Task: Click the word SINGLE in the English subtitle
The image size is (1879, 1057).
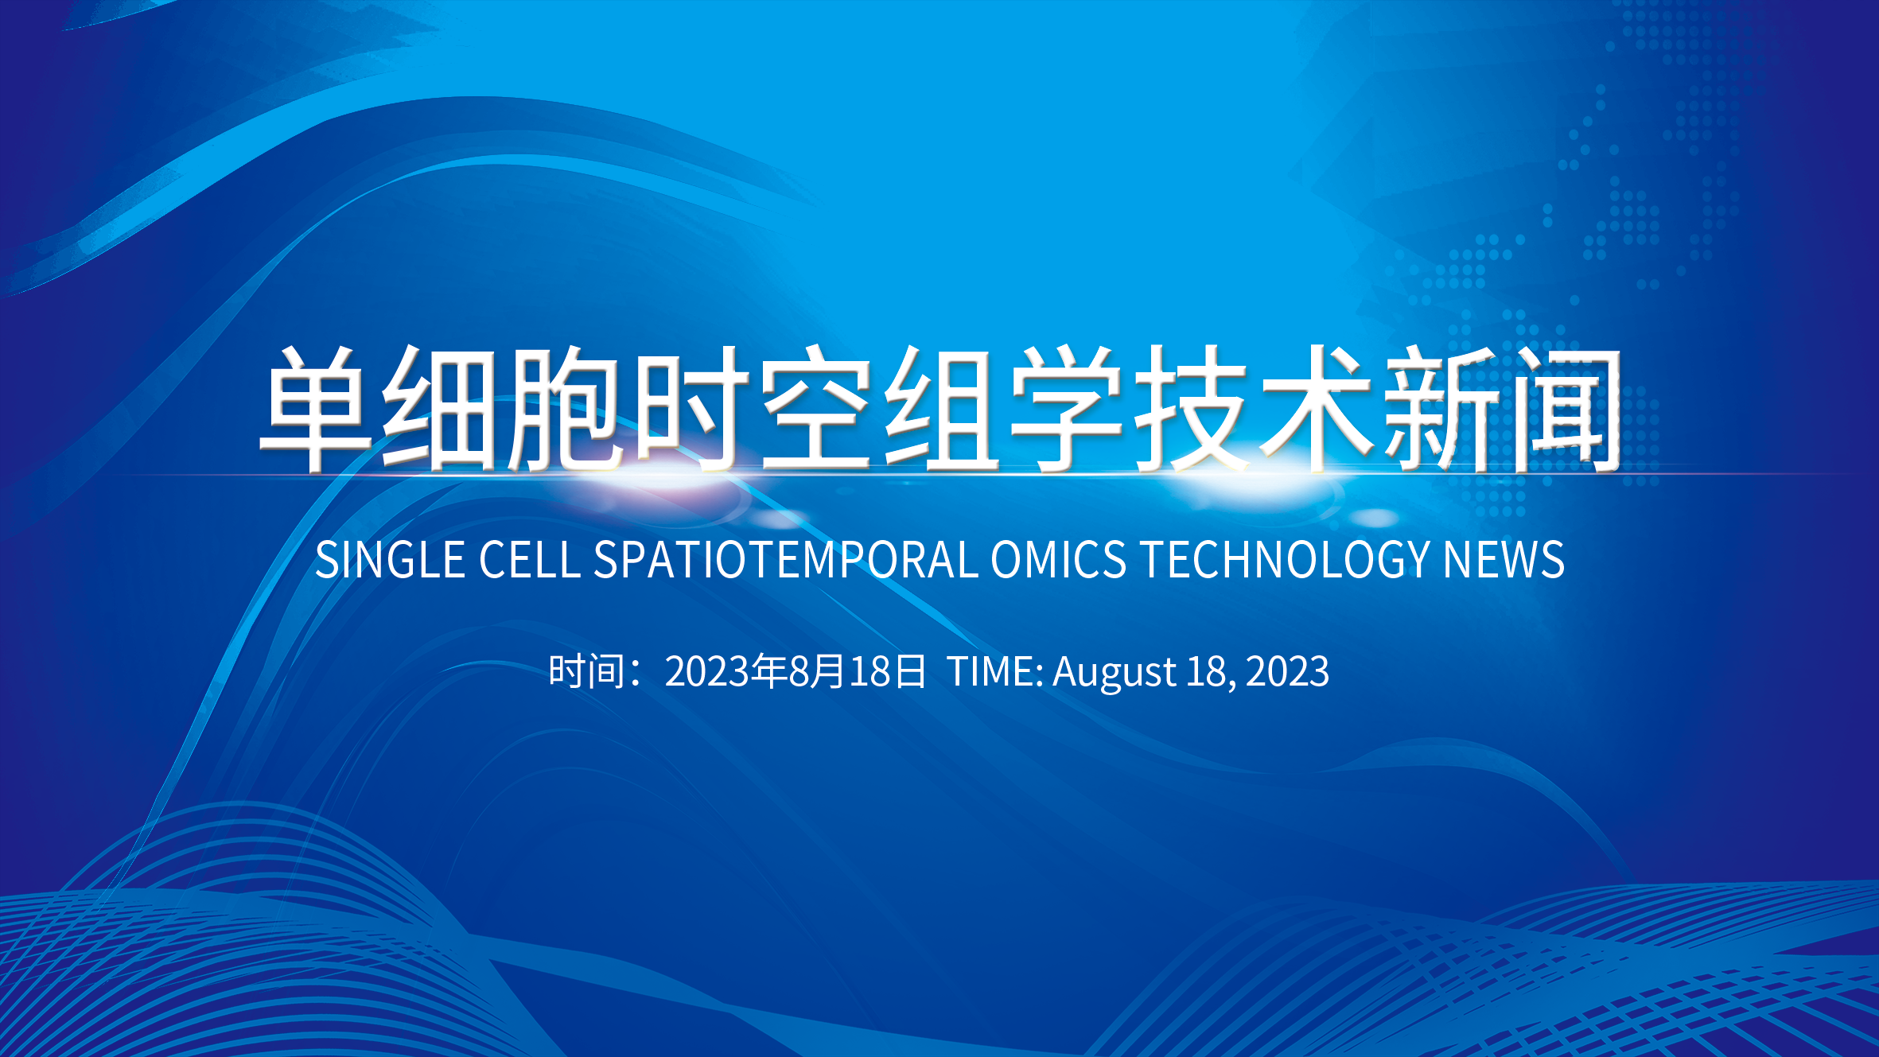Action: tap(390, 560)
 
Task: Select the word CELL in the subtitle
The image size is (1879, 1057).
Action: tap(530, 560)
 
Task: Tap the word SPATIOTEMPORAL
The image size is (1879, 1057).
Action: tap(786, 560)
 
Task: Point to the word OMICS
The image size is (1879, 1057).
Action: tap(1058, 560)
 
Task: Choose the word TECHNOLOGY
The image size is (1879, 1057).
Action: tap(1286, 560)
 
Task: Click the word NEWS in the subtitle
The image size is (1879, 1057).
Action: tap(1504, 560)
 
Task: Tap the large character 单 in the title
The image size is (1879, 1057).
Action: tap(317, 408)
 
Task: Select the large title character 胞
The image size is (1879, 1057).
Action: tap(566, 408)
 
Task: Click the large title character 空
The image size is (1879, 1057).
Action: tap(816, 408)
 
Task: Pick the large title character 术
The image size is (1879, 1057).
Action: tap(1316, 408)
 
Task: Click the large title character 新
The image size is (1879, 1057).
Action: tap(1441, 408)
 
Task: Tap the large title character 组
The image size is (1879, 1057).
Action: tap(942, 408)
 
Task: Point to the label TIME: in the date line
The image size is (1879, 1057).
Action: tap(995, 670)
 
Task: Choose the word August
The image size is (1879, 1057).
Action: tap(1115, 672)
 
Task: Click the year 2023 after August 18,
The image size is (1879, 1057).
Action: tap(1287, 670)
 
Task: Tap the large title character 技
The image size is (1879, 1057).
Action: tap(1191, 408)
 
